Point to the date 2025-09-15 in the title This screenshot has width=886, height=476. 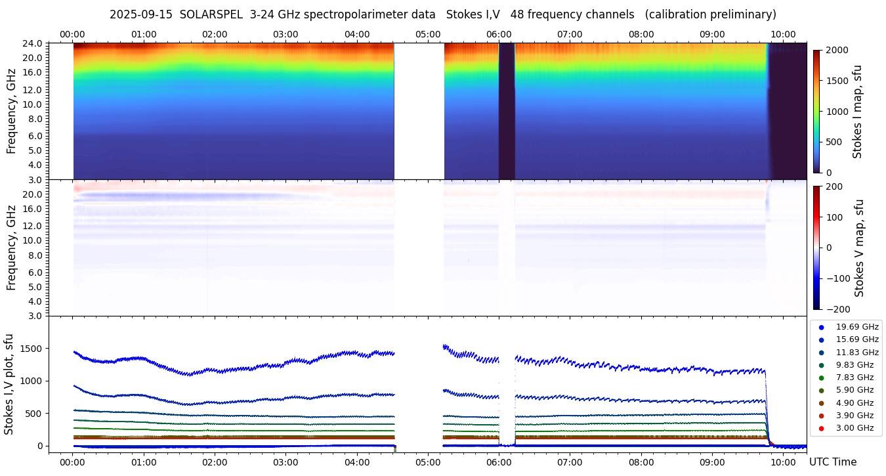click(140, 14)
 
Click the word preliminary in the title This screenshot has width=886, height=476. click(744, 14)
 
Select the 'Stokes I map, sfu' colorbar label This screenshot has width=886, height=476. click(858, 111)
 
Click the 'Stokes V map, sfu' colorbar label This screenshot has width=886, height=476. click(859, 248)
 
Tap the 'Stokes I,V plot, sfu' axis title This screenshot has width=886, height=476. click(9, 384)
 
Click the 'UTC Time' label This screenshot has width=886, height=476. click(833, 462)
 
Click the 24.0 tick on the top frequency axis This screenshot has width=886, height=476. click(33, 43)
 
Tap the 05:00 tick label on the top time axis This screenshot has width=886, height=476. click(428, 34)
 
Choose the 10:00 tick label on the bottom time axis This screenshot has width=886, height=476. click(784, 462)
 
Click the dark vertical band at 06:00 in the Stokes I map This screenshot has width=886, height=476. click(506, 112)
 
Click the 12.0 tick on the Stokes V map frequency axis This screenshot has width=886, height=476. click(33, 225)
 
